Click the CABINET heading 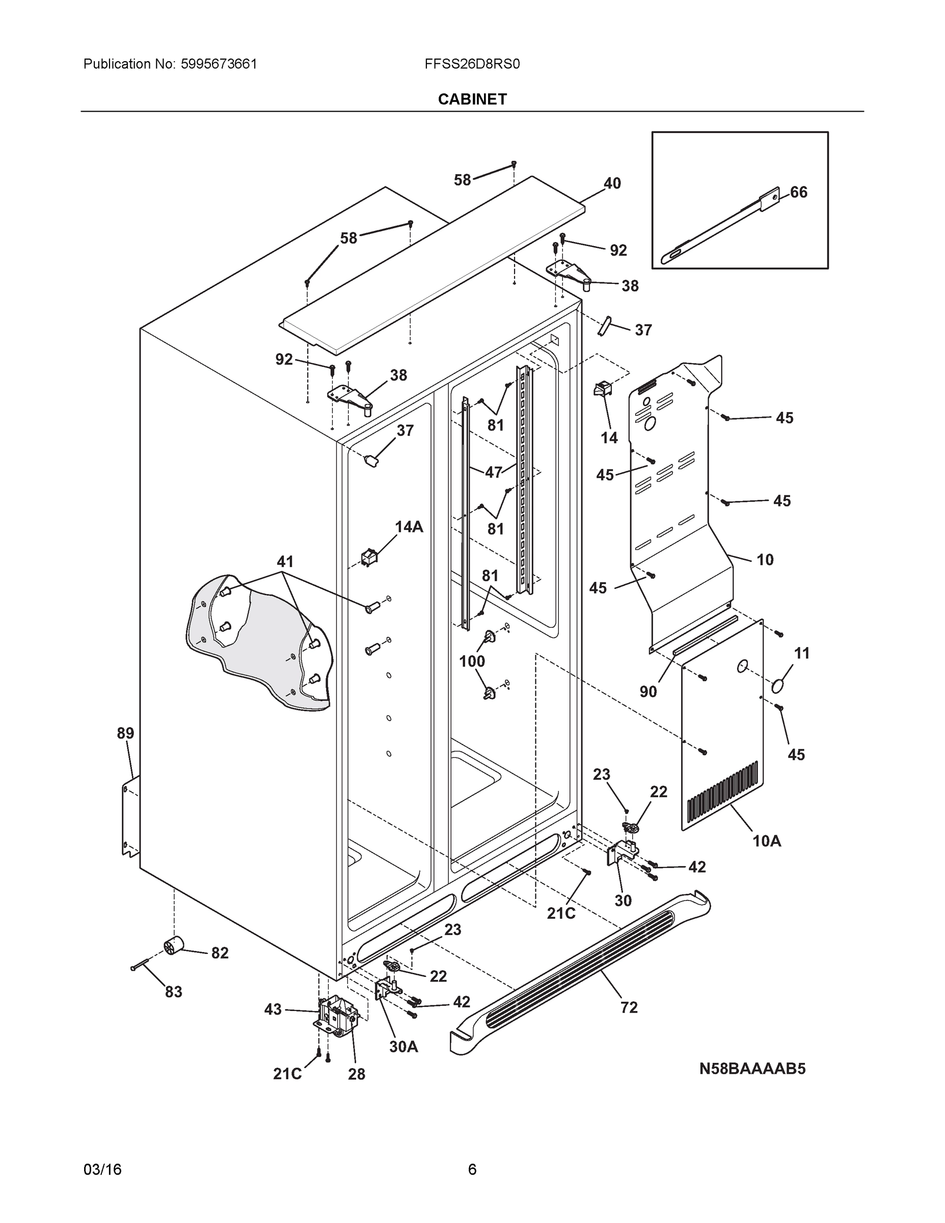[472, 99]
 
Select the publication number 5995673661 [219, 64]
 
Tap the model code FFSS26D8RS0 [472, 64]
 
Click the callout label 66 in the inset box [798, 192]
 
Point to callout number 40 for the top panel [612, 183]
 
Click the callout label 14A [409, 526]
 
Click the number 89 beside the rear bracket [125, 733]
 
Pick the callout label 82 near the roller [220, 952]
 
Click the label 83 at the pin [173, 992]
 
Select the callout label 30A [403, 1046]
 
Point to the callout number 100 [472, 661]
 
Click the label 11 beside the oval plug [802, 653]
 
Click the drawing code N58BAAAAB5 [752, 1069]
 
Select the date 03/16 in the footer [102, 1169]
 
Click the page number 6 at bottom [472, 1169]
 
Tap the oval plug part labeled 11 [778, 685]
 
